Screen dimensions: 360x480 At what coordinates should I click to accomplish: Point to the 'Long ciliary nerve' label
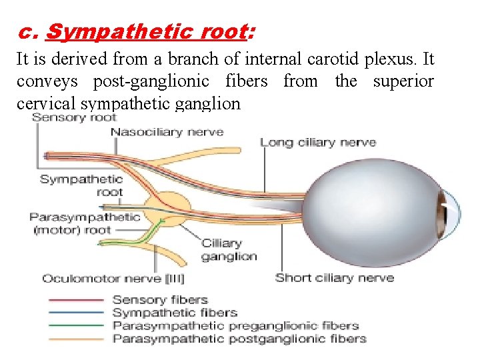pyautogui.click(x=318, y=142)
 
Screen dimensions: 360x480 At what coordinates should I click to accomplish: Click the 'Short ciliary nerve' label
pyautogui.click(x=335, y=277)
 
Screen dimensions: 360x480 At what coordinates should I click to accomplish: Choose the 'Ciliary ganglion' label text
pyautogui.click(x=229, y=250)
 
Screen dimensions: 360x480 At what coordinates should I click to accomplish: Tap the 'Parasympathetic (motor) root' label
pyautogui.click(x=85, y=223)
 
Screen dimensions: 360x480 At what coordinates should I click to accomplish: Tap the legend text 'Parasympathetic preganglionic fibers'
pyautogui.click(x=235, y=325)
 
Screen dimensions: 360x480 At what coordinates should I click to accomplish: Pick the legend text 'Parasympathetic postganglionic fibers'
pyautogui.click(x=239, y=338)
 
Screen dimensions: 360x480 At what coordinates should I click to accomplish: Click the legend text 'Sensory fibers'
pyautogui.click(x=160, y=300)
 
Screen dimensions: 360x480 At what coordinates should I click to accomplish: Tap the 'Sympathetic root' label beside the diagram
pyautogui.click(x=81, y=185)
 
